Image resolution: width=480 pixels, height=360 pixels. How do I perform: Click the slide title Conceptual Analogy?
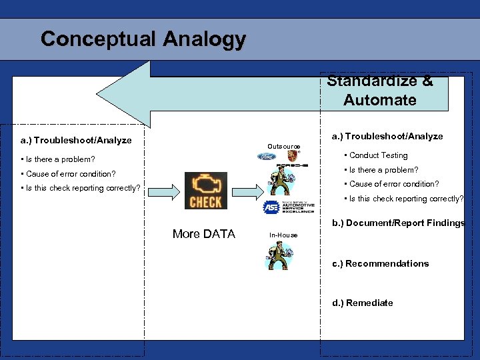pos(143,39)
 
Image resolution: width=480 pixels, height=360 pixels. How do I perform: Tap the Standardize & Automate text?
pos(380,91)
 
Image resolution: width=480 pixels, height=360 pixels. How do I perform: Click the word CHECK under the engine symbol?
pos(205,201)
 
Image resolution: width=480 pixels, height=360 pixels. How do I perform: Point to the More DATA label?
pos(203,234)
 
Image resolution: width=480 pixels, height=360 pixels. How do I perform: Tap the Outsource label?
pos(283,147)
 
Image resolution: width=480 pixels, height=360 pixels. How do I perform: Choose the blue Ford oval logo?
pos(266,157)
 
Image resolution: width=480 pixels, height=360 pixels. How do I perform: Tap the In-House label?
pos(283,235)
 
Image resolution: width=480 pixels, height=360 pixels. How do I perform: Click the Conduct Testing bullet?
pos(378,155)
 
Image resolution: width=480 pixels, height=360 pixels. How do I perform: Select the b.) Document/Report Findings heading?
pos(398,223)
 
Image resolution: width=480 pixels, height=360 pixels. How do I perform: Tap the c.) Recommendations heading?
pos(380,263)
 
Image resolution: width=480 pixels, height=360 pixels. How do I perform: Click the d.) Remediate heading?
pos(362,303)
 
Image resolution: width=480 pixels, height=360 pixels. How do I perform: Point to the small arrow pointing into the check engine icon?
pos(170,191)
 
